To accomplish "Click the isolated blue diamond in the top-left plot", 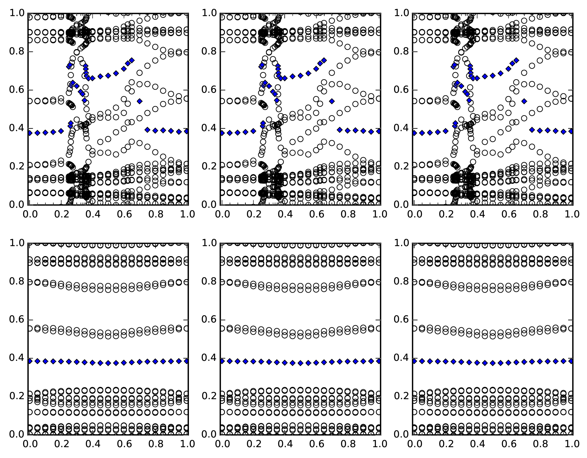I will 140,101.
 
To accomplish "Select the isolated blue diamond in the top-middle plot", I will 332,101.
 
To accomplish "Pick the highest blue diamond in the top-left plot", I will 132,60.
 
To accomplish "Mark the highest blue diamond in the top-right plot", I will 516,60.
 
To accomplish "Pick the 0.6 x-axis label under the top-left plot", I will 124,214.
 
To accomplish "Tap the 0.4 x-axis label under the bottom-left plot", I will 92,444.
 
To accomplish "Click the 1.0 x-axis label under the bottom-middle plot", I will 380,444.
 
